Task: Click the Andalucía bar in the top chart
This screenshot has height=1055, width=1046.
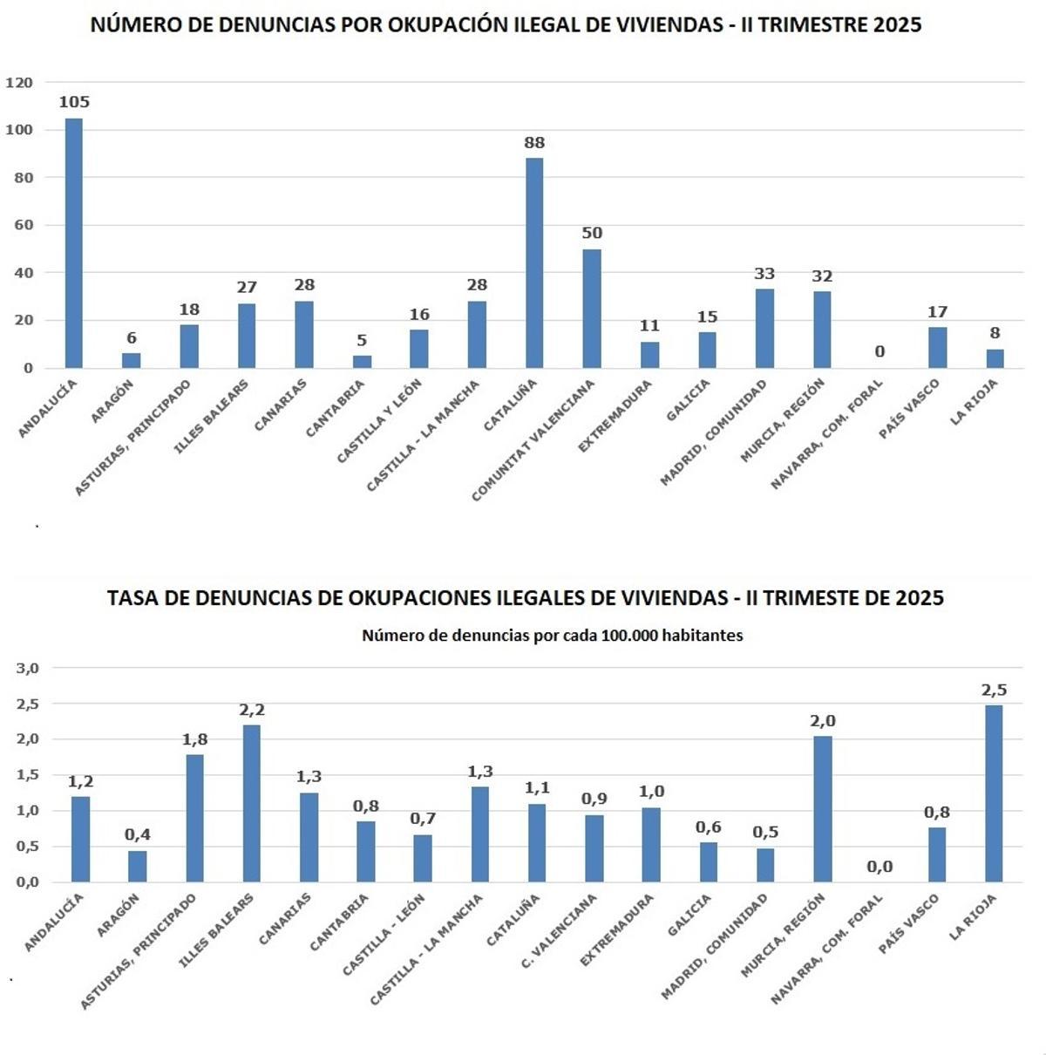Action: [74, 243]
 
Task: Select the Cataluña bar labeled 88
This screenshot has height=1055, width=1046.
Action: [534, 262]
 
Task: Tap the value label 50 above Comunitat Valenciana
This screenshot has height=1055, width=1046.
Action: [592, 234]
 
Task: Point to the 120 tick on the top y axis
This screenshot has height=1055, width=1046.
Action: [19, 83]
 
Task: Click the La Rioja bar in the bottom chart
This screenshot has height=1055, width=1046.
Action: [994, 793]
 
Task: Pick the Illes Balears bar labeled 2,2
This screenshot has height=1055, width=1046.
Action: [251, 803]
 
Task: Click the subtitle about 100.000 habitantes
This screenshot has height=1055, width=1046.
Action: [552, 636]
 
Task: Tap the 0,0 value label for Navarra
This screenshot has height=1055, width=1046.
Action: [880, 867]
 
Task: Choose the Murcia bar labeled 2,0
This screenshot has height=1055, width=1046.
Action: [822, 809]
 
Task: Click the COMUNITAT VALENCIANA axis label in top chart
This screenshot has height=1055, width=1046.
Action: [533, 440]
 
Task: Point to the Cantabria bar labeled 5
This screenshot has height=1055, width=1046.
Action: [362, 362]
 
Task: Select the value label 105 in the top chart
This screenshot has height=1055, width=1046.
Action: [74, 102]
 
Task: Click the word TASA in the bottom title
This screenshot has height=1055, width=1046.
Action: [132, 598]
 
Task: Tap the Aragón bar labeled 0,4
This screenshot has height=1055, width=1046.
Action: [137, 866]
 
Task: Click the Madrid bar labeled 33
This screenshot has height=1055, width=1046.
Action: [764, 329]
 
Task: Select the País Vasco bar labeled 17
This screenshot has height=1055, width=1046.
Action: [937, 347]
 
